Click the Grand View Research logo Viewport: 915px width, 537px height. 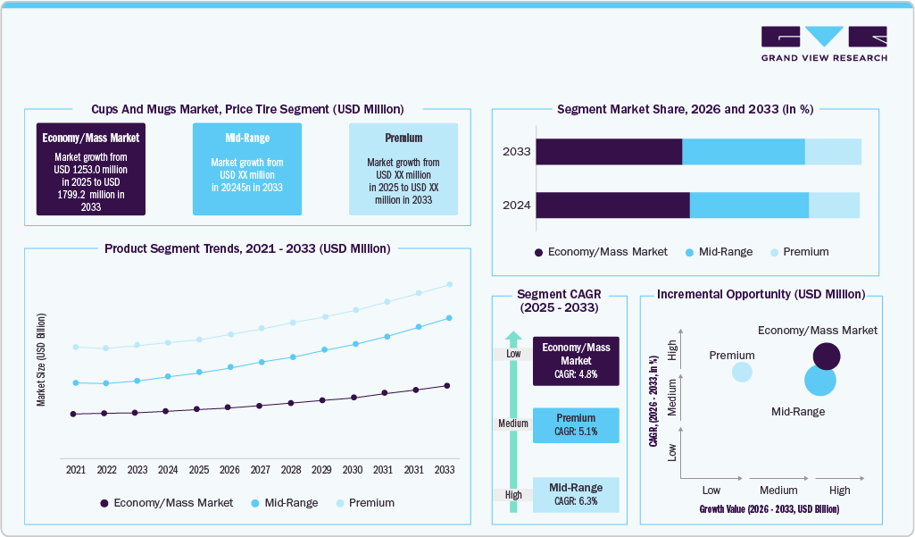pyautogui.click(x=824, y=44)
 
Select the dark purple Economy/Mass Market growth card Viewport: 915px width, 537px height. pyautogui.click(x=90, y=169)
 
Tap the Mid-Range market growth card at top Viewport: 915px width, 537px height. pyautogui.click(x=247, y=169)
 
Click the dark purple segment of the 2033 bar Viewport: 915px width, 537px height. pyautogui.click(x=609, y=152)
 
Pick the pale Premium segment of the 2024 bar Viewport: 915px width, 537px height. pyautogui.click(x=834, y=205)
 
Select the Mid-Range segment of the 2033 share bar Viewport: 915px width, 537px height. pyautogui.click(x=744, y=152)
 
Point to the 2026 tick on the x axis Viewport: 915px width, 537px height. pyautogui.click(x=229, y=469)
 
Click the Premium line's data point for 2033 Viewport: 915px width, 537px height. pyautogui.click(x=449, y=284)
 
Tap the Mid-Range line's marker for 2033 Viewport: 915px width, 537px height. pyautogui.click(x=449, y=317)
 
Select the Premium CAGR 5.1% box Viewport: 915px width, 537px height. pyautogui.click(x=576, y=425)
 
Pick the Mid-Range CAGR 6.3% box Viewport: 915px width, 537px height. pyautogui.click(x=576, y=495)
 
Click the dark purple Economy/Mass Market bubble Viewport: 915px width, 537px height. pyautogui.click(x=827, y=357)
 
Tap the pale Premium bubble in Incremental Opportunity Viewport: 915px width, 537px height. pyautogui.click(x=742, y=371)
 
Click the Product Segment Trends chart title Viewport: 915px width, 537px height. pyautogui.click(x=247, y=248)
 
